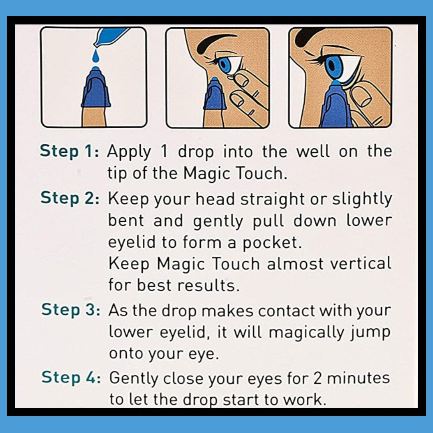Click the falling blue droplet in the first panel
click(95, 58)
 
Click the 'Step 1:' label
click(70, 152)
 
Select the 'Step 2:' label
click(70, 198)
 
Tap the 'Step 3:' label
click(71, 310)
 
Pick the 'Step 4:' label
click(71, 377)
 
